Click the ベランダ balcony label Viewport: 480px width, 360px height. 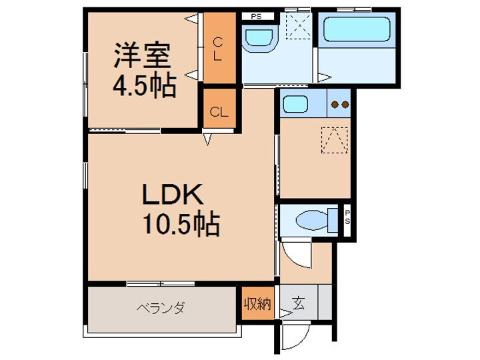[161, 308]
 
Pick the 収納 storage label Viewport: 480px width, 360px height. [257, 305]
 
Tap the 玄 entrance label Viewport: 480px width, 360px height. [298, 305]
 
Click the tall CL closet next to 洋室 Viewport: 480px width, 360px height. [217, 49]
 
